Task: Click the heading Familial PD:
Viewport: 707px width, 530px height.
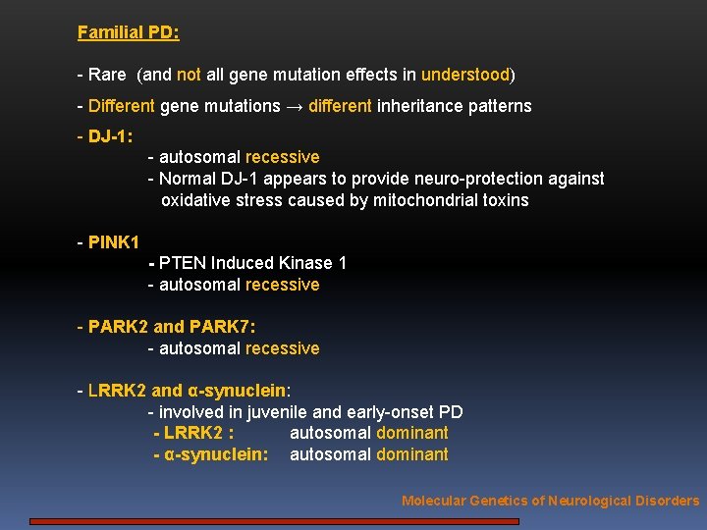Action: click(x=128, y=32)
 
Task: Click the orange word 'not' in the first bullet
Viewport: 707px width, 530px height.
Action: click(x=189, y=75)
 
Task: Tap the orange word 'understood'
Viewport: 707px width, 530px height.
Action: click(x=465, y=75)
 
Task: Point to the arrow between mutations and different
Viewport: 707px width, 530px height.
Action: click(x=295, y=106)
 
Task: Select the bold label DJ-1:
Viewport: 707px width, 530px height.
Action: click(x=110, y=136)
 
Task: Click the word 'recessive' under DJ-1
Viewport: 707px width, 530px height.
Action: click(x=282, y=157)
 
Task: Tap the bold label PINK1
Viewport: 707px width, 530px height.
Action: click(x=114, y=241)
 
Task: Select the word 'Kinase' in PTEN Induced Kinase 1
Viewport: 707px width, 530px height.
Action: click(x=305, y=263)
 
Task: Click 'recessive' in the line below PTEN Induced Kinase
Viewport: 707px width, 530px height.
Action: click(x=282, y=285)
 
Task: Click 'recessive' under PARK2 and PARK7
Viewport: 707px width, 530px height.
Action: click(x=282, y=348)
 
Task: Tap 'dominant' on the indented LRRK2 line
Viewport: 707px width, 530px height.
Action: click(x=409, y=433)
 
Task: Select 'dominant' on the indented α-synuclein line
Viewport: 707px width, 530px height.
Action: click(x=409, y=454)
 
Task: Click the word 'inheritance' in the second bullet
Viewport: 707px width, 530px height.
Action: click(x=420, y=106)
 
